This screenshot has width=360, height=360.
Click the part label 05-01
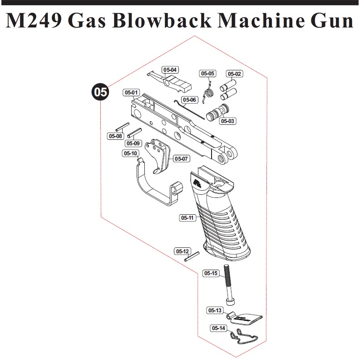(131, 93)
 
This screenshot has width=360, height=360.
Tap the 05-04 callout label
(170, 70)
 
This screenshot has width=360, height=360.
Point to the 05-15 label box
(211, 273)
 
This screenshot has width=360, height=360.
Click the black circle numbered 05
(100, 92)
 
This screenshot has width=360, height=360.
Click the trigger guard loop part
(154, 186)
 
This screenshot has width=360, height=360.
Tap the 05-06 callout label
(189, 99)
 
